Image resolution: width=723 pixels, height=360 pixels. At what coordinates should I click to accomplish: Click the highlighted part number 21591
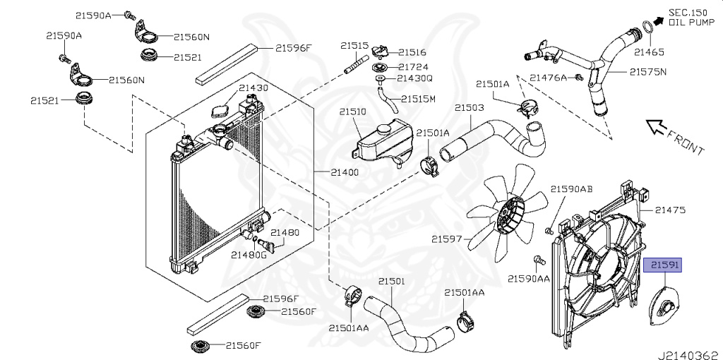tap(665, 265)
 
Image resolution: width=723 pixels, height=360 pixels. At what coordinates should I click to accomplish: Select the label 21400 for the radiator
tap(346, 172)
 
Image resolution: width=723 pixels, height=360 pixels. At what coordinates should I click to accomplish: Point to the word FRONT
tap(684, 143)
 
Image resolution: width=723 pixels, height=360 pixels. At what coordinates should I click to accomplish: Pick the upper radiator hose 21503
tap(494, 138)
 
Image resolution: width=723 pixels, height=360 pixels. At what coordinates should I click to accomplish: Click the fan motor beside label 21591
tap(666, 304)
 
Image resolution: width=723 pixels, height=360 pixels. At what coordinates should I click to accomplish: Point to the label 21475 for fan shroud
tap(670, 210)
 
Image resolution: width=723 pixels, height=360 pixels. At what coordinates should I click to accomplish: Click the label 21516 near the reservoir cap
tap(412, 52)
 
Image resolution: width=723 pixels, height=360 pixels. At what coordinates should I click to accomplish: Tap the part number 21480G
tap(249, 254)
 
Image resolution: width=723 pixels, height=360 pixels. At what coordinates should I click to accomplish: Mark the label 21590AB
tap(571, 189)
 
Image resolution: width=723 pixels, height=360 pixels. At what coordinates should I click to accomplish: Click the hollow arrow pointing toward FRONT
tap(657, 126)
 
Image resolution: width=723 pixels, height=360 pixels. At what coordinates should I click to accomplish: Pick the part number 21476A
tap(549, 77)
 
